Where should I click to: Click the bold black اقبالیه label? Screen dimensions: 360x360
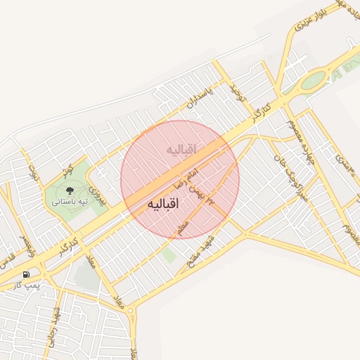(x=163, y=203)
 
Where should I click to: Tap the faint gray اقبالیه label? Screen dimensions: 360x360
(x=181, y=150)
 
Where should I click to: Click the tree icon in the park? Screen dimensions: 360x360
(x=69, y=190)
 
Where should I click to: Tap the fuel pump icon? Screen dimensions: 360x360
(x=26, y=274)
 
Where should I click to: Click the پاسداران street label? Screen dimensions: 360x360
(x=199, y=101)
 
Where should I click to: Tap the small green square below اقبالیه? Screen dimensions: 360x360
(x=169, y=255)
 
